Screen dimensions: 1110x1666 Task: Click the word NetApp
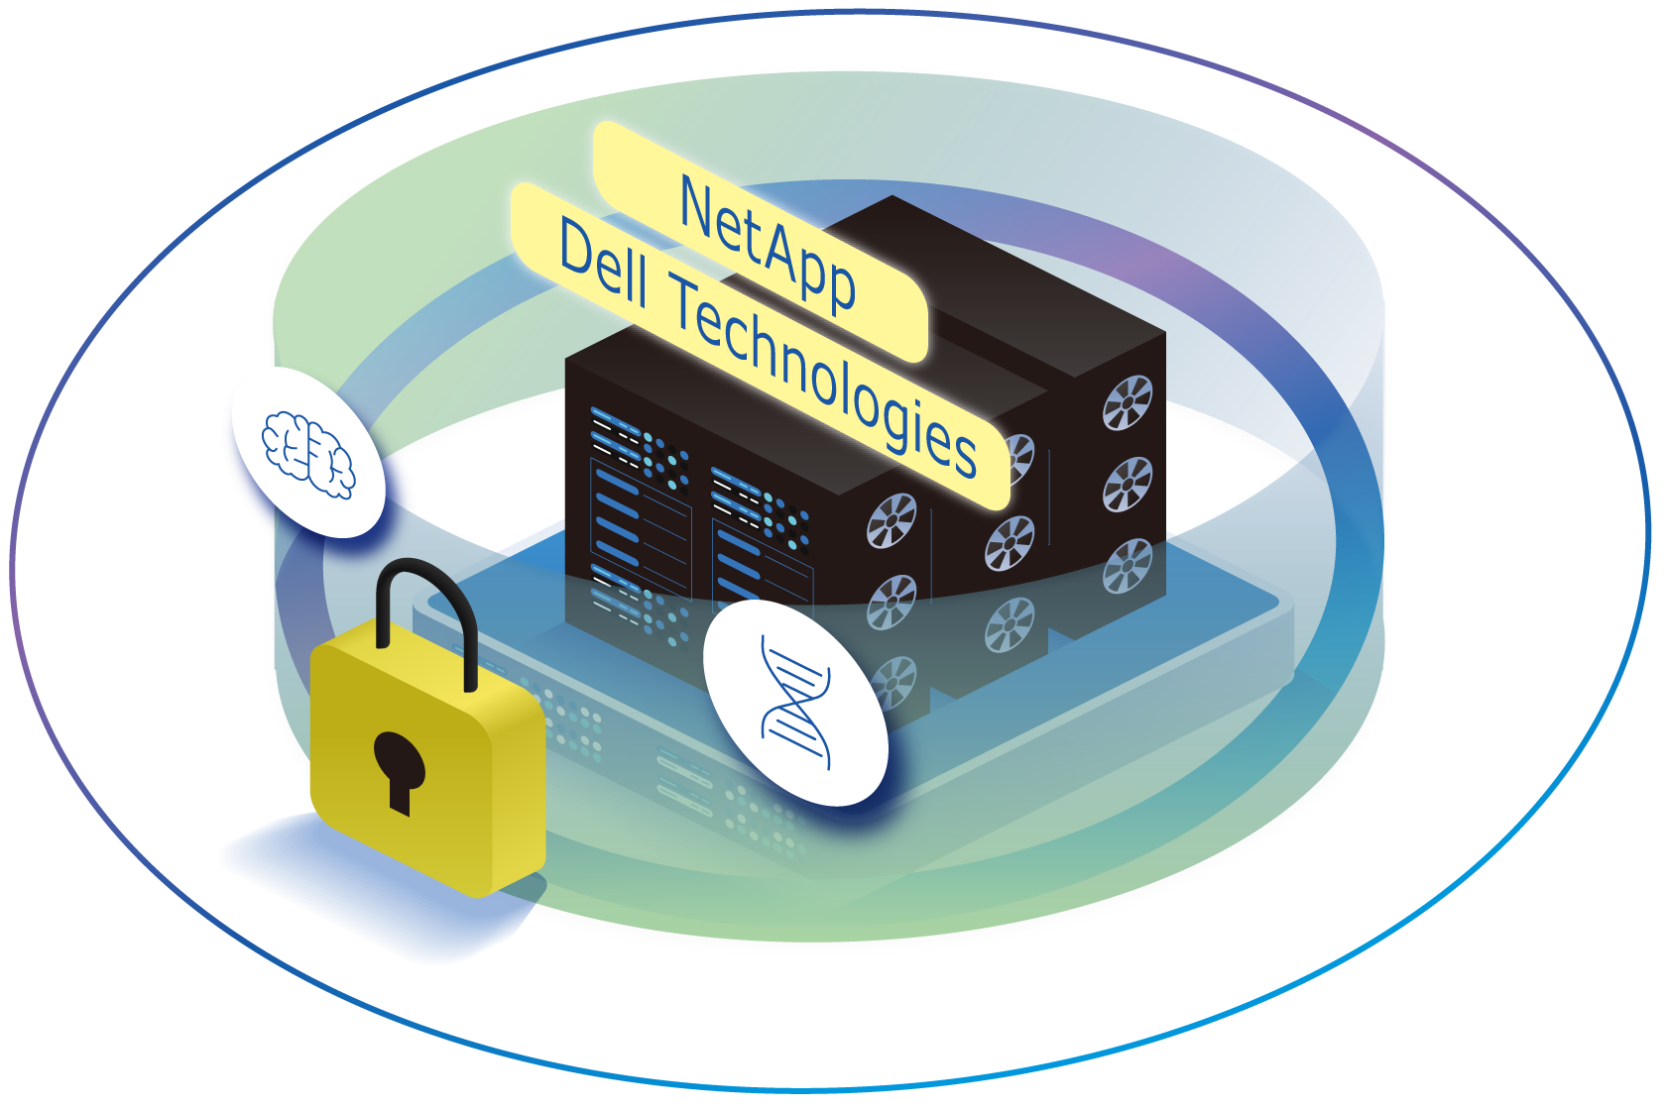tap(768, 244)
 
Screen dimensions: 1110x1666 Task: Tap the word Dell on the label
tap(604, 264)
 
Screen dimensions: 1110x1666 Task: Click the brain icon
tap(308, 453)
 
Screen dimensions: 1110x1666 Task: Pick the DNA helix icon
tap(795, 704)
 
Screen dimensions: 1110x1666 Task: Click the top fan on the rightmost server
tap(1129, 402)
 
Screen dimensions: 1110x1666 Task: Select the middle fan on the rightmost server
tap(1129, 484)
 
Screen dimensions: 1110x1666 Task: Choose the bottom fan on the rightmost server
tap(1129, 565)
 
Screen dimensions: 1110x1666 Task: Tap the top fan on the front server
tap(892, 520)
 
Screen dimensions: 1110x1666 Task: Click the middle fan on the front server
tap(892, 602)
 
